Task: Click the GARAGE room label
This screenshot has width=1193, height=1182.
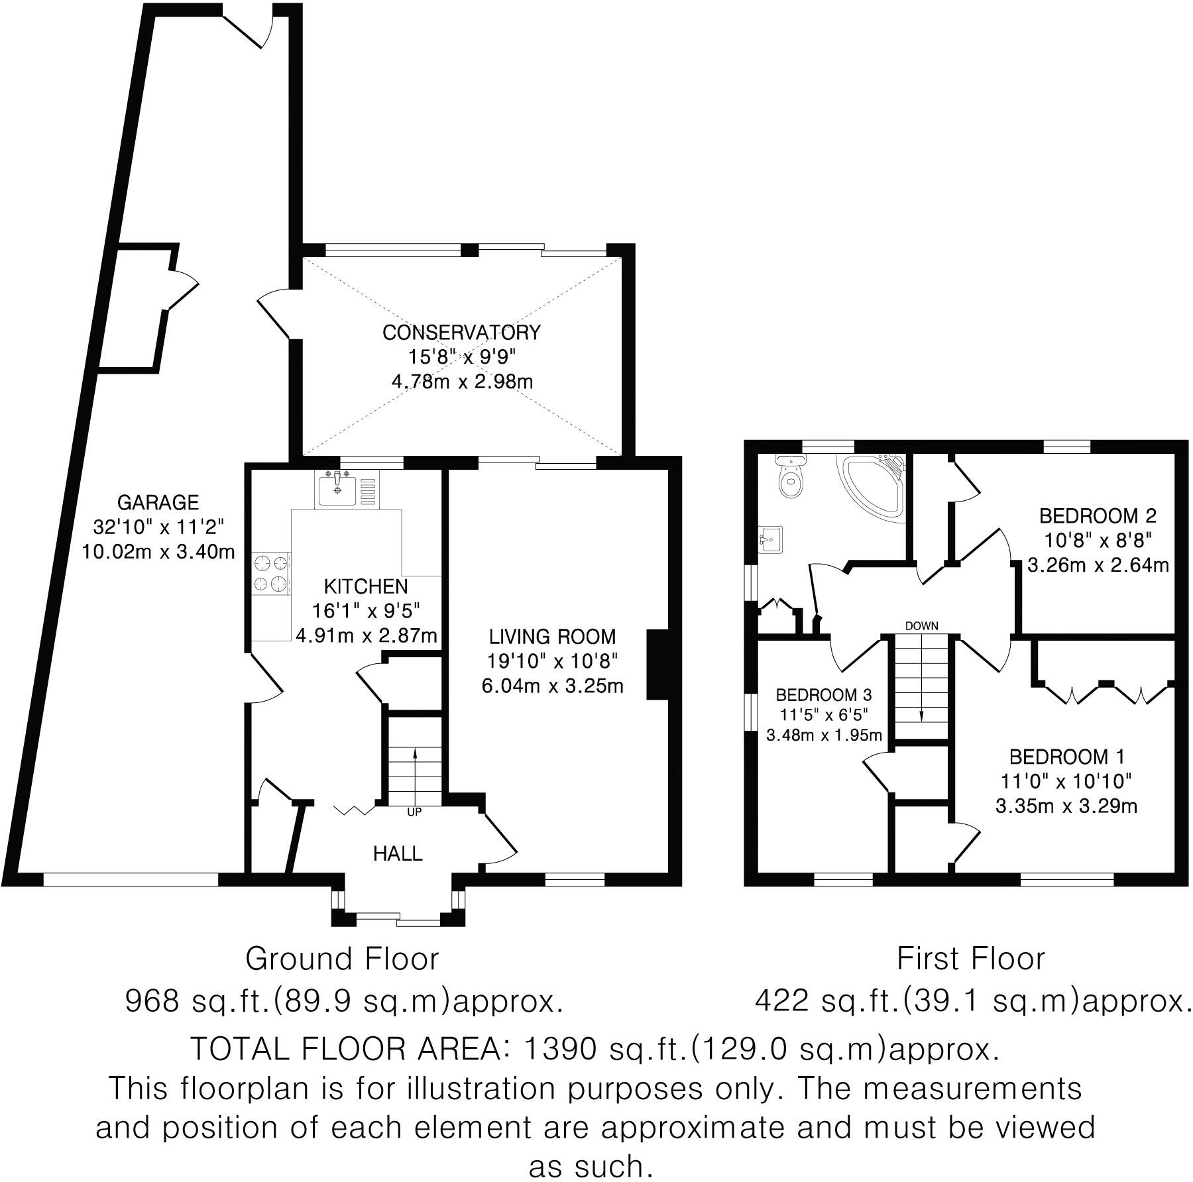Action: pos(158,502)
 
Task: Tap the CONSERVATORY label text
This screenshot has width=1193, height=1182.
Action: pos(462,332)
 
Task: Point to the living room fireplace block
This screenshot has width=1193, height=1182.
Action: pos(657,664)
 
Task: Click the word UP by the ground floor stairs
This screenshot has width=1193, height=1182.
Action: pos(414,812)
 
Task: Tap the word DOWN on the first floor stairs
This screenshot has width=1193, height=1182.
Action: pos(921,625)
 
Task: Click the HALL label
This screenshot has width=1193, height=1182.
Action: pos(398,853)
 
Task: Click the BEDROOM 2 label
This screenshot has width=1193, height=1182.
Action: pos(1098,515)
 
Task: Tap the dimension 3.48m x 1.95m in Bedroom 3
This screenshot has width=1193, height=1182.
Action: pos(824,735)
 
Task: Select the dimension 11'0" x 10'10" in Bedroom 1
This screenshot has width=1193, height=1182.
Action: pos(1066,781)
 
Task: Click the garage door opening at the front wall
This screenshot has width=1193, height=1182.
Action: pos(131,879)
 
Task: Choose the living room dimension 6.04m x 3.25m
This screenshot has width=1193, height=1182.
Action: pos(552,686)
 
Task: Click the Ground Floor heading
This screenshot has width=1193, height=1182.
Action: pos(342,959)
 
